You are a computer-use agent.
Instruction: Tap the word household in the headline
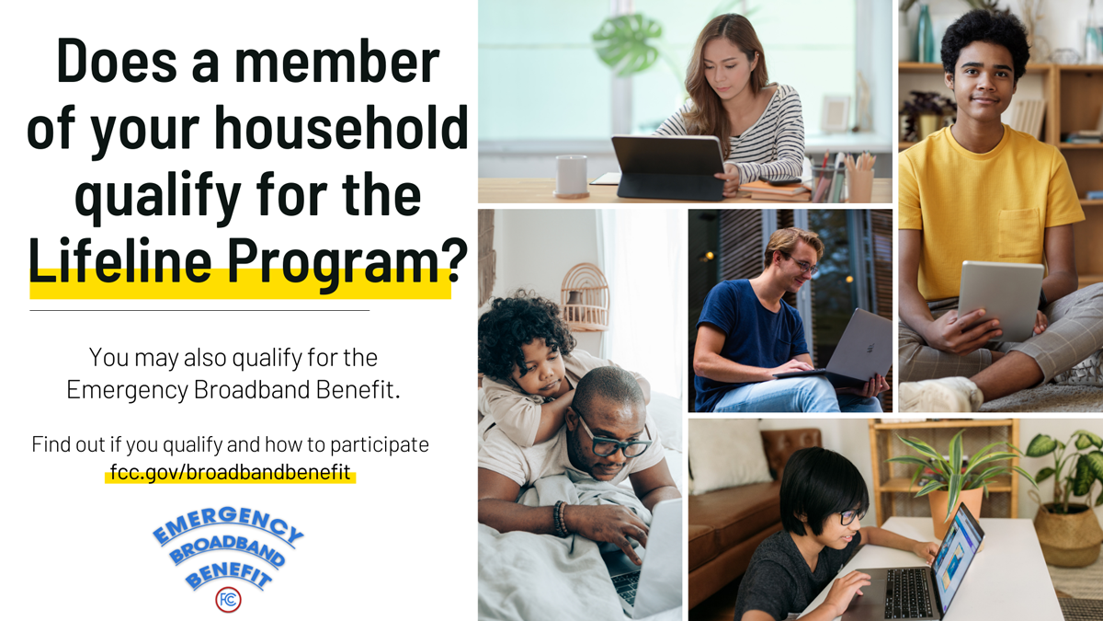point(341,127)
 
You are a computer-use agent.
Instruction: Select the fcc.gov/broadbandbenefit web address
point(230,472)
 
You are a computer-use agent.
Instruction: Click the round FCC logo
point(228,599)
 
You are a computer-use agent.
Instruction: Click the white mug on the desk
point(572,177)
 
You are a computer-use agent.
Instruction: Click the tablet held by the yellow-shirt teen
point(1000,300)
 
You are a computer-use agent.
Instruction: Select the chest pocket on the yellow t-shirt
point(1018,232)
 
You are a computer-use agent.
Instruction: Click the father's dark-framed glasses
point(613,441)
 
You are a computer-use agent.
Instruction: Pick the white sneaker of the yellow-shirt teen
point(940,394)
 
